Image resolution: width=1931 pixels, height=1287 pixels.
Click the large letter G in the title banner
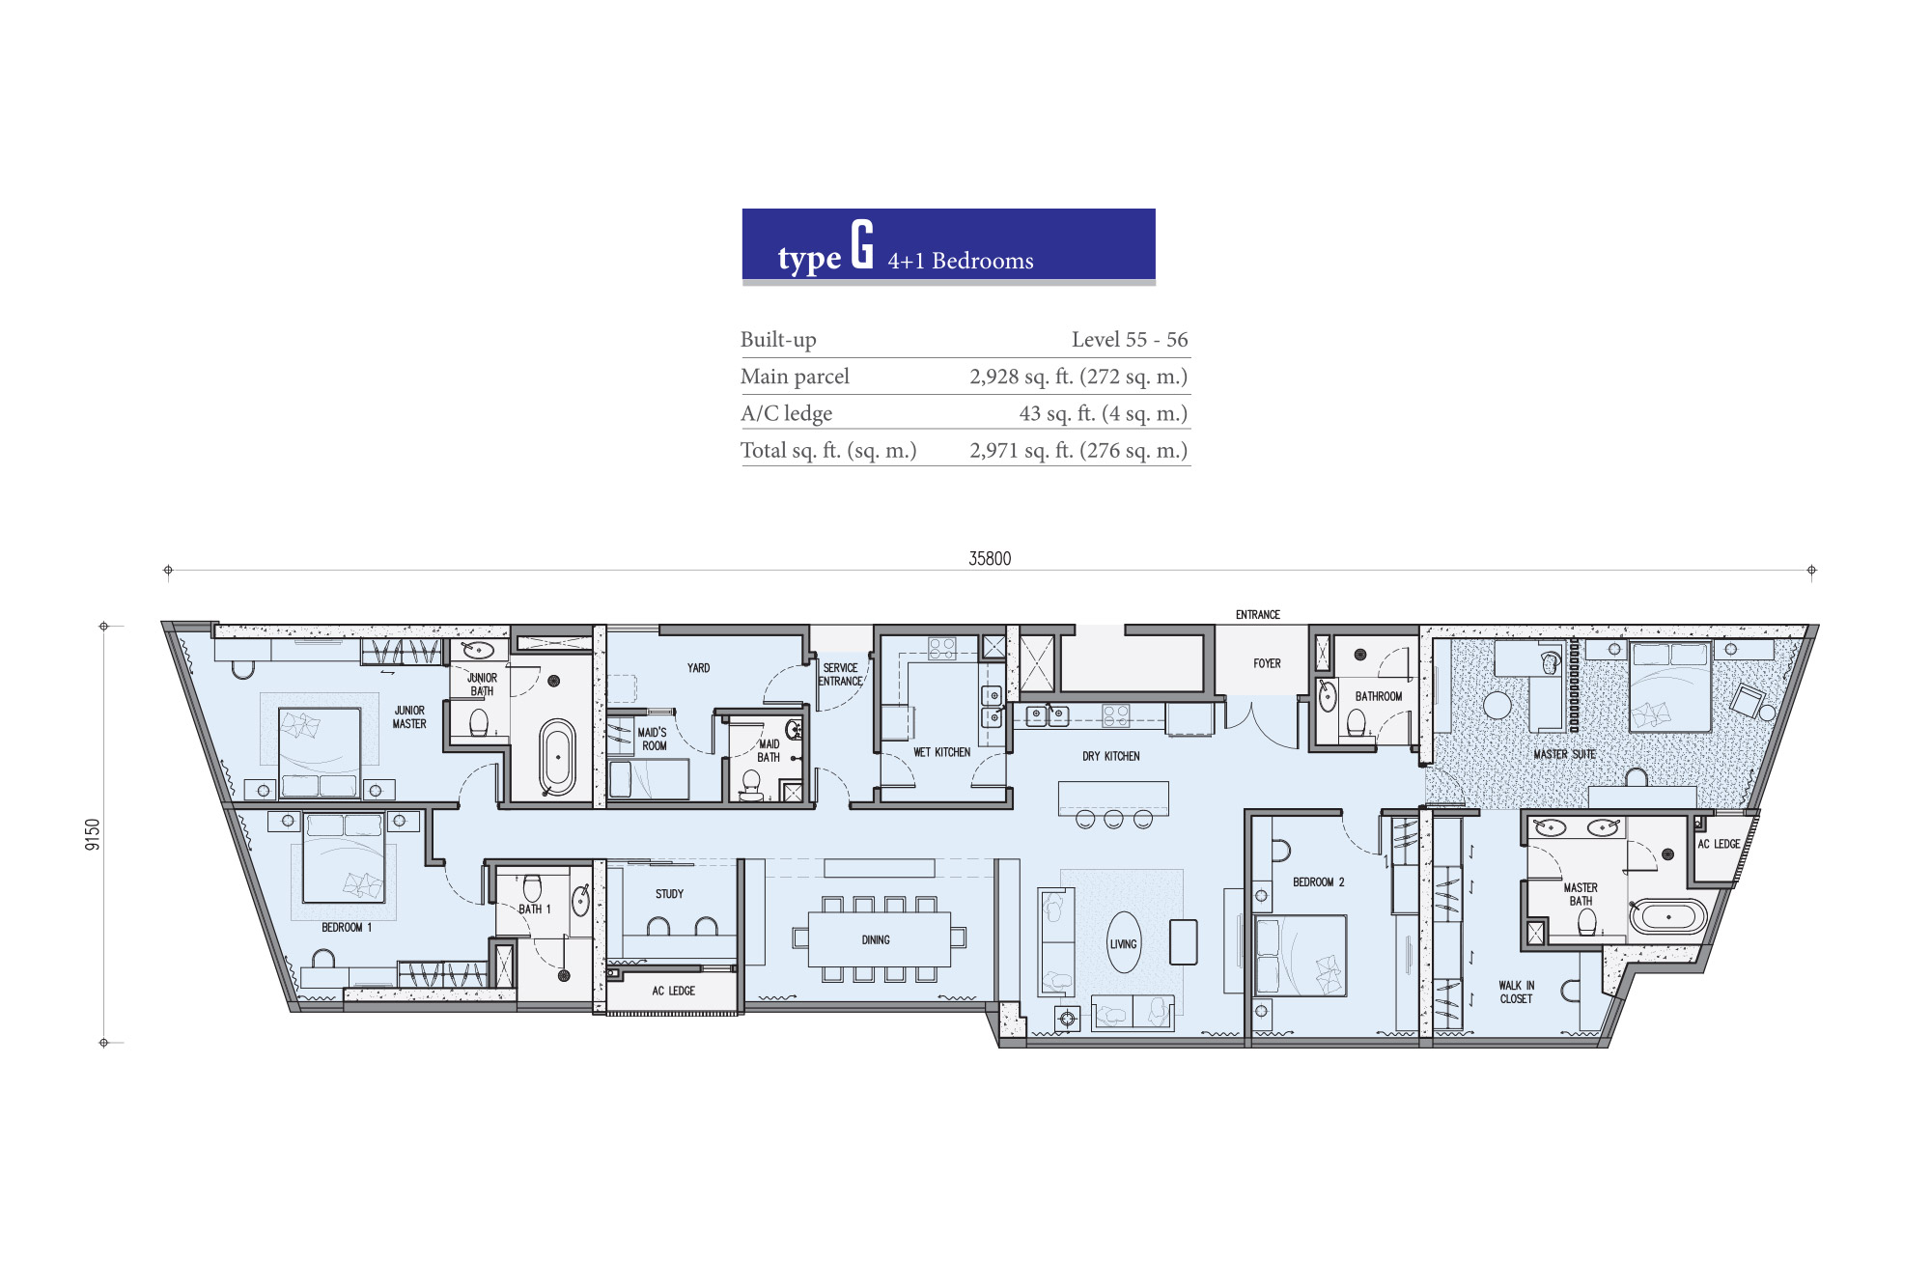coord(862,243)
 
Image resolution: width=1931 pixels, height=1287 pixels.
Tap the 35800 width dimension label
coord(990,559)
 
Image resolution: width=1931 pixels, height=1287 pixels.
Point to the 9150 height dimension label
coord(93,834)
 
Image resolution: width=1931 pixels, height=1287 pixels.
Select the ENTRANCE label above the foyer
coord(1258,615)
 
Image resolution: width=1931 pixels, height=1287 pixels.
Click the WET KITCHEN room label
coord(941,752)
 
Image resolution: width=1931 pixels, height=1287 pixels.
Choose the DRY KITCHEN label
coord(1110,756)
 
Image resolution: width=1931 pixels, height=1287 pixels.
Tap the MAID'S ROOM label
coord(653,739)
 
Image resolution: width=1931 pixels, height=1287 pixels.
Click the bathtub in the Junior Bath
coord(558,757)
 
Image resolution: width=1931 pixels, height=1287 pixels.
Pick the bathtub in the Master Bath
coord(1668,916)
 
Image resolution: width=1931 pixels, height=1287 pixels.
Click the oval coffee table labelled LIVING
coord(1124,943)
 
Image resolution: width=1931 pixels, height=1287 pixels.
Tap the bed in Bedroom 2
coord(1300,956)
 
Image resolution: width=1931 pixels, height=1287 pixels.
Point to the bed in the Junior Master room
coord(320,752)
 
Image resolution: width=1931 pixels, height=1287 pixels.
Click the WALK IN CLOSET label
coord(1516,993)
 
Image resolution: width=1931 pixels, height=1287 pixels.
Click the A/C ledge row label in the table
coord(786,413)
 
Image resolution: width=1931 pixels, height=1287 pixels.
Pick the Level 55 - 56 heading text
coord(1130,339)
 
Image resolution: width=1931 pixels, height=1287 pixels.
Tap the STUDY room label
coord(669,894)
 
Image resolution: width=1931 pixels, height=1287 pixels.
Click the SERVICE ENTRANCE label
coord(840,675)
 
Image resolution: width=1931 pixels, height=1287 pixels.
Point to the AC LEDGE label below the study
coord(673,991)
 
